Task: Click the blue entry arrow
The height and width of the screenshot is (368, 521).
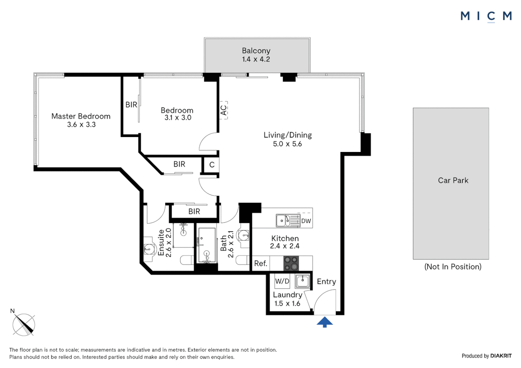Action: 325,322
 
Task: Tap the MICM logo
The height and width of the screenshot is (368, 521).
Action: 486,16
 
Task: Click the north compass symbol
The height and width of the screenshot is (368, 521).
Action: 24,324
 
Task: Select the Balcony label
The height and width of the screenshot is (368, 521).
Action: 256,51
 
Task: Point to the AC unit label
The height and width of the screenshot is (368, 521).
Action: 223,110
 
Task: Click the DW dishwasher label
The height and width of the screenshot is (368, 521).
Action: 306,221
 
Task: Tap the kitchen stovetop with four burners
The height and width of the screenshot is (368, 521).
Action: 291,263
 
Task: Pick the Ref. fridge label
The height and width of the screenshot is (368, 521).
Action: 260,263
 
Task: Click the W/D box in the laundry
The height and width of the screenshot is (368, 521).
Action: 282,281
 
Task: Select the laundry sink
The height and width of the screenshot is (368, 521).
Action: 302,281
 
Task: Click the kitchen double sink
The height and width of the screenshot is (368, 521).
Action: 287,220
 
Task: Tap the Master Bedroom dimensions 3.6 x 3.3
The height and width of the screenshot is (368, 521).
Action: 81,125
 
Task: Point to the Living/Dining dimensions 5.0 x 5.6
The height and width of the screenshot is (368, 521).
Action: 287,144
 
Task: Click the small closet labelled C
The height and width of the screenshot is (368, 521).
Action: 212,165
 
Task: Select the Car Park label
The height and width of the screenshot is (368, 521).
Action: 453,181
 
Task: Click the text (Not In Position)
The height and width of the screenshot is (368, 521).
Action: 453,267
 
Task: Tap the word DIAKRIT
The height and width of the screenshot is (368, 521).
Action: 501,356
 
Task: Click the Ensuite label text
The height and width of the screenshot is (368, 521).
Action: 161,243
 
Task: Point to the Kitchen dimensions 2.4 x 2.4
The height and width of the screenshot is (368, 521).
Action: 285,246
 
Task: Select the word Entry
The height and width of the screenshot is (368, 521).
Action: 326,281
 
